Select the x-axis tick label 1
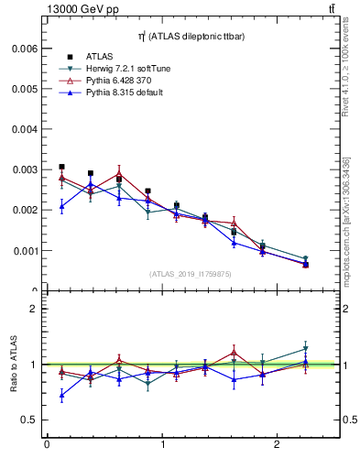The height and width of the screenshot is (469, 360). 162,445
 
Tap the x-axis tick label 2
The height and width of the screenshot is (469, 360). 277,445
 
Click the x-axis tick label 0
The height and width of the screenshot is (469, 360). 47,445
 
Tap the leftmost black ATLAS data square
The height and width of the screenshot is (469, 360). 61,167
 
